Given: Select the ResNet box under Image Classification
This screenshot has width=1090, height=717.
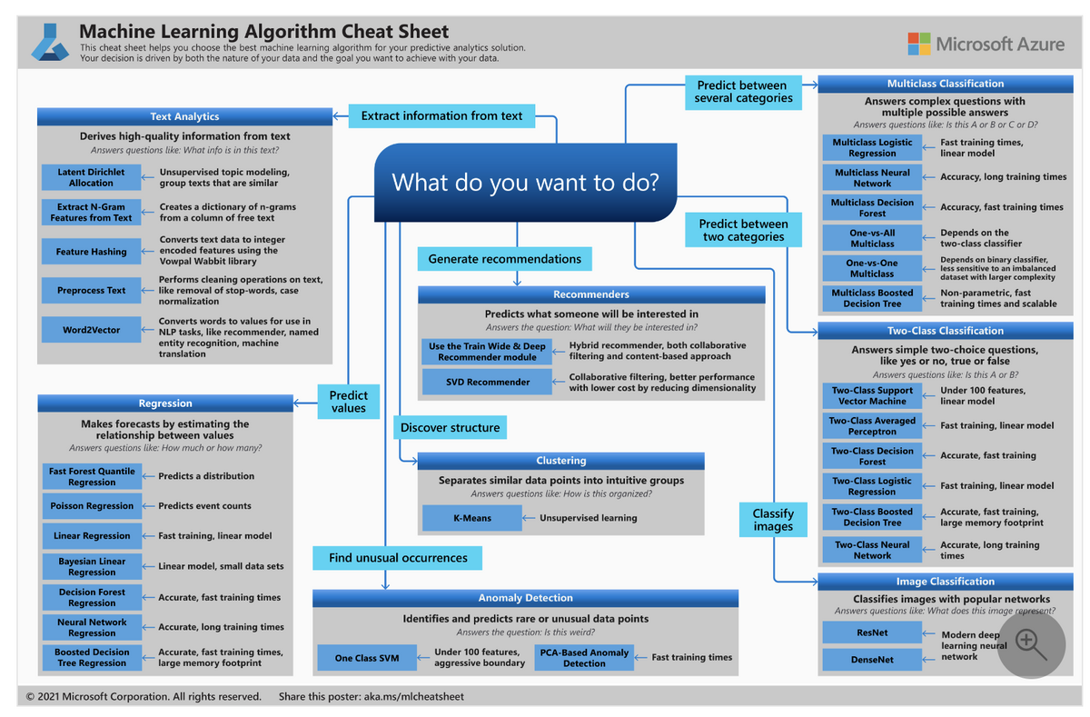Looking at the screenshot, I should click(872, 632).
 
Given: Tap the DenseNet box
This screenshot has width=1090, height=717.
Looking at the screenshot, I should click(872, 659).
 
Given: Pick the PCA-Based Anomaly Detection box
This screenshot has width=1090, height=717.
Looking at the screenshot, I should click(584, 657).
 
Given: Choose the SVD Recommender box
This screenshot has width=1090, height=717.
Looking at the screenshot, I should click(487, 382).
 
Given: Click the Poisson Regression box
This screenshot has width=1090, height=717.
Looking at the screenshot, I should click(92, 505).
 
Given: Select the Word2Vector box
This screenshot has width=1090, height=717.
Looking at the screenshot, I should click(92, 330).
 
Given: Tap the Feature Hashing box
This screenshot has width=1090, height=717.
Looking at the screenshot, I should click(92, 252).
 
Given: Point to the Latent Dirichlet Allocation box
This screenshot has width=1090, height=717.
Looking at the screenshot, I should click(92, 177).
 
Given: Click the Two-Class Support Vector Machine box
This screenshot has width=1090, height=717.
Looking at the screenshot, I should click(872, 395).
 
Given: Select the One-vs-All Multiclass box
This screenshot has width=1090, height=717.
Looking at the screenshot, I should click(872, 238).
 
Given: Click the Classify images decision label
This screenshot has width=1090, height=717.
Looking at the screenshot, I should click(773, 520).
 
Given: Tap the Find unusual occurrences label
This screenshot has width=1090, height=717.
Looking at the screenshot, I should click(398, 558).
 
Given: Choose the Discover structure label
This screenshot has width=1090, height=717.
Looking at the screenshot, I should click(450, 427).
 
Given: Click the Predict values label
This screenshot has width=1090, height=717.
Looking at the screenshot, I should click(349, 402).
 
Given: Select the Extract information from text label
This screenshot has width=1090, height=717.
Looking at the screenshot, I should click(441, 115).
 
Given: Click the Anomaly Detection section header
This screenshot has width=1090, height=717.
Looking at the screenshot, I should click(525, 598).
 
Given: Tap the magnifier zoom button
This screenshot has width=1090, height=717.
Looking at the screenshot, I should click(1032, 643).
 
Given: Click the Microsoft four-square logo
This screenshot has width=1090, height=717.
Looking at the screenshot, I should click(919, 44).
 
